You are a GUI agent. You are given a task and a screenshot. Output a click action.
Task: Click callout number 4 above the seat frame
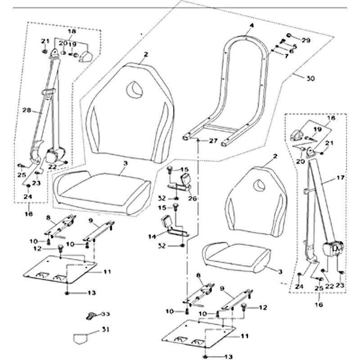252,26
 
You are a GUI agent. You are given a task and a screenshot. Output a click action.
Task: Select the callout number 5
294,46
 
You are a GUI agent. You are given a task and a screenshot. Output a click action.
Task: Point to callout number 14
151,236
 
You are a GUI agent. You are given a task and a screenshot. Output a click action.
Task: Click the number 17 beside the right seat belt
340,178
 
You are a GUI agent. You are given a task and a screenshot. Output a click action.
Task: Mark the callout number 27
213,141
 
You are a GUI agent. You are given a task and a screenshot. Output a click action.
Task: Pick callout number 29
306,40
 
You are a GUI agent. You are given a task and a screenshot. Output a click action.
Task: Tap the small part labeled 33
90,315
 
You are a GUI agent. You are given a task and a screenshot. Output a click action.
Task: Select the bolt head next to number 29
288,36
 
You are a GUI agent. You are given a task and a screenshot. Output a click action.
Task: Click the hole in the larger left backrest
134,89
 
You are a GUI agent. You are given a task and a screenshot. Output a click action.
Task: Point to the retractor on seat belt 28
53,157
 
